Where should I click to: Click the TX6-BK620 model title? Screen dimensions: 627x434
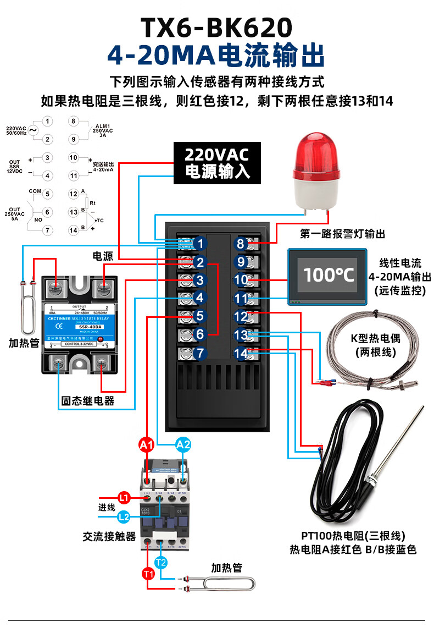[x=216, y=26]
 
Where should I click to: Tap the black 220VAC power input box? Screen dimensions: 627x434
[x=217, y=163]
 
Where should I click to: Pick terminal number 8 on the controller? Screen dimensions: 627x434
[x=241, y=244]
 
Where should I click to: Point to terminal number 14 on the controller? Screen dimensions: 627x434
[x=241, y=354]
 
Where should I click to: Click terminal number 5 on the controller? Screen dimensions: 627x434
[x=200, y=316]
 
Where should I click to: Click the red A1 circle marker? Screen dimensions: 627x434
[x=147, y=445]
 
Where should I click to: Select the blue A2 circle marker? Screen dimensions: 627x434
[x=183, y=445]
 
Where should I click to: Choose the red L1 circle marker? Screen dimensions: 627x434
[x=125, y=498]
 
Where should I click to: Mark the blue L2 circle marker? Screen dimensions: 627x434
[x=125, y=516]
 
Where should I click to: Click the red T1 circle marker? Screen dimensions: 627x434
[x=148, y=574]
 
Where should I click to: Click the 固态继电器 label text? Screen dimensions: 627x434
[x=88, y=401]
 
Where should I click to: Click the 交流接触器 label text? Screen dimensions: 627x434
[x=109, y=536]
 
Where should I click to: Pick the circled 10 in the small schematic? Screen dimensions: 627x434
[x=73, y=158]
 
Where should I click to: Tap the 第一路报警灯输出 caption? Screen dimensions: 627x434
[x=342, y=234]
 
